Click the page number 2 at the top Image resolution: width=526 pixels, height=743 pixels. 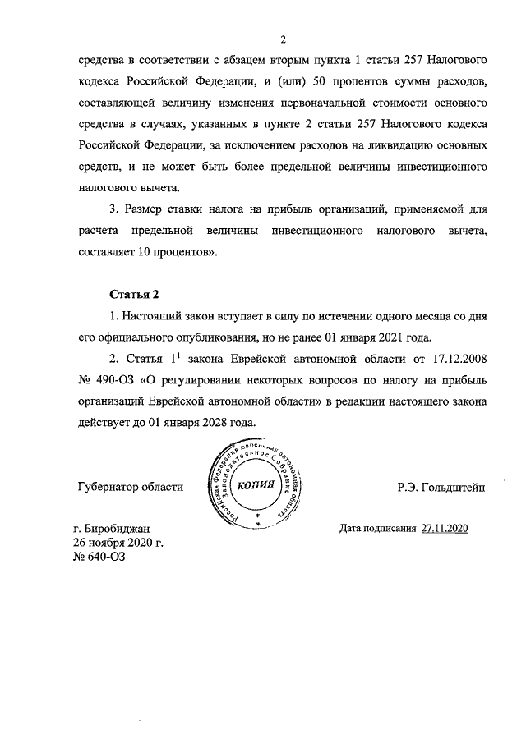(282, 39)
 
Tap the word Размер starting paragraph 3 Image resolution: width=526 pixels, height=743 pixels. (151, 209)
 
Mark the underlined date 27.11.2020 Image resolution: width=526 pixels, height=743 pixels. (444, 529)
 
